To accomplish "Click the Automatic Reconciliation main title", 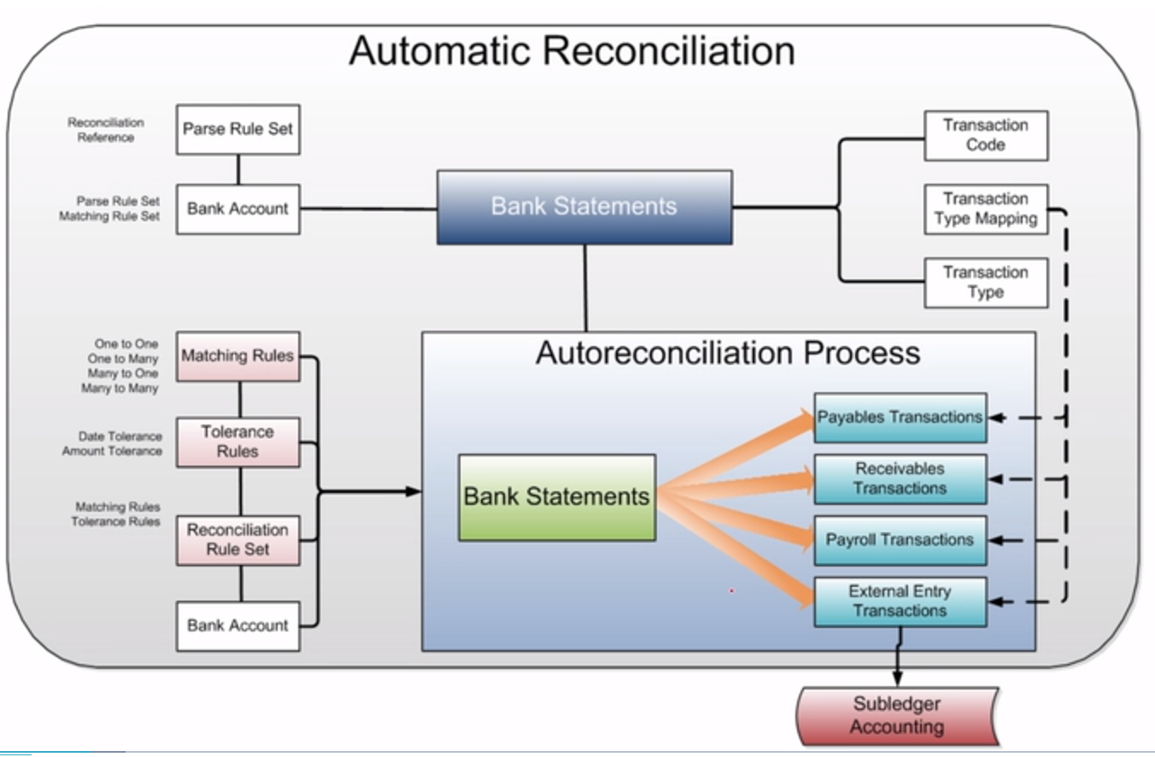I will (572, 50).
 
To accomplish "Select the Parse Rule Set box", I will (237, 129).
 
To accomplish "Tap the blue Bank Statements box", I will (584, 207).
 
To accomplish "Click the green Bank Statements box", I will (557, 497).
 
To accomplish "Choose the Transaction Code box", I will (986, 135).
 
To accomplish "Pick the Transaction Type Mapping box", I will (986, 209).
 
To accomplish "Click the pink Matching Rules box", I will (237, 356).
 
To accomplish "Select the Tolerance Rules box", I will (237, 442).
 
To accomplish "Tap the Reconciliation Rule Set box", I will (237, 540).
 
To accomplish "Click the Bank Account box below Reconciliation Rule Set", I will (237, 625).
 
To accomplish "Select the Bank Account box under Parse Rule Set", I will (237, 209).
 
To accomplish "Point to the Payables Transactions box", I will (900, 418).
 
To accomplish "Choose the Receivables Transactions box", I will (900, 478).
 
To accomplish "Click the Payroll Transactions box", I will (900, 540).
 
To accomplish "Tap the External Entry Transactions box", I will (900, 601).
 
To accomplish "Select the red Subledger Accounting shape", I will (896, 716).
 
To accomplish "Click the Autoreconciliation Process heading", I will (728, 353).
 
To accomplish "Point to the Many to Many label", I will (120, 389).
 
